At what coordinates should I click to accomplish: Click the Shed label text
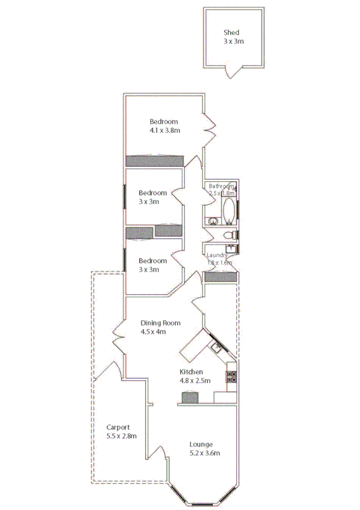231,32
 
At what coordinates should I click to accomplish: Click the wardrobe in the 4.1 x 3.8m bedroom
154,161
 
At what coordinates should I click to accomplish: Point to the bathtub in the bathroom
229,210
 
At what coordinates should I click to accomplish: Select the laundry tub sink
231,249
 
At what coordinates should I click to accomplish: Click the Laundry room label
218,255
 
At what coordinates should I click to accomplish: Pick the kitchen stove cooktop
231,377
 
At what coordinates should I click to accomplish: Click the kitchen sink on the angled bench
215,348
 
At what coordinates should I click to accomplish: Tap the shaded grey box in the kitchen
190,397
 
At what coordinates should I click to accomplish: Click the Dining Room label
160,322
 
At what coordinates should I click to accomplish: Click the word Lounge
201,444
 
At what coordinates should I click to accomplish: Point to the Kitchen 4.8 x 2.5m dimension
195,380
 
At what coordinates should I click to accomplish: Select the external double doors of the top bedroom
210,131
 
